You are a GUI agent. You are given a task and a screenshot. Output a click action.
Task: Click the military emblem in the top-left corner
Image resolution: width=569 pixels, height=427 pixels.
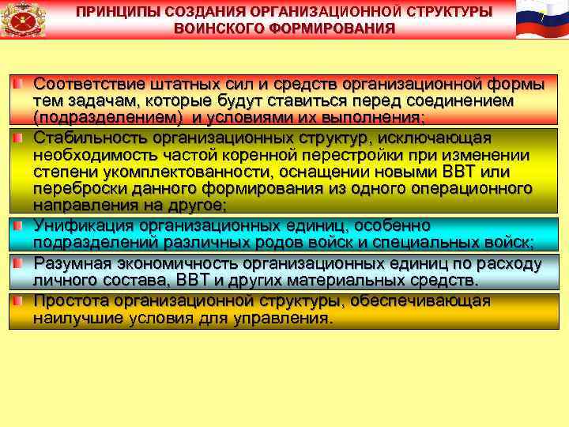(x=23, y=20)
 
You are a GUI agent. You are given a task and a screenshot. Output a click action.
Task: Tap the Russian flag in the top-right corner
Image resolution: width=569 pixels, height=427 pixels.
(x=541, y=19)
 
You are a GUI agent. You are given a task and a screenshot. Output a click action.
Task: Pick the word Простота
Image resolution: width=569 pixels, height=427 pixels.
(x=70, y=301)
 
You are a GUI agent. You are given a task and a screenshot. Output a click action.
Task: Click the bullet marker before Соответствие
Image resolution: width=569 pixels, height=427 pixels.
(x=16, y=83)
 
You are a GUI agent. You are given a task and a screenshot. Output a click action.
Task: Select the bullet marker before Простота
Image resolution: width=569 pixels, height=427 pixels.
(x=16, y=300)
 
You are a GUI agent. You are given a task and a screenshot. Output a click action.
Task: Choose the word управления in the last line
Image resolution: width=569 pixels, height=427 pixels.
(x=284, y=319)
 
